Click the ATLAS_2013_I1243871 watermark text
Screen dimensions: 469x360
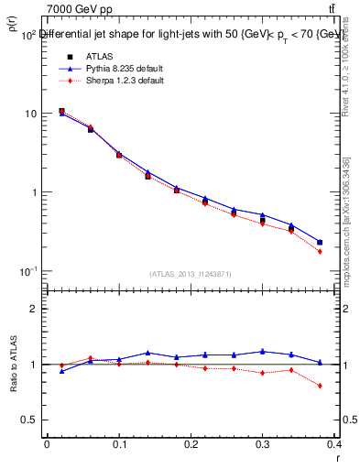(x=191, y=274)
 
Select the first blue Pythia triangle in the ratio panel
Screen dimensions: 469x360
(x=61, y=371)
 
